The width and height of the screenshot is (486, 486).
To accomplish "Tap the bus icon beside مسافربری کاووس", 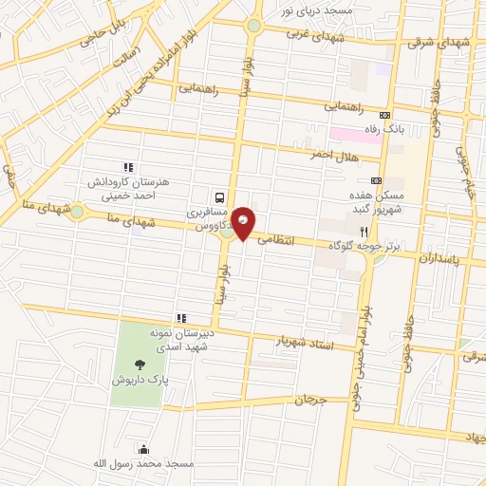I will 220,197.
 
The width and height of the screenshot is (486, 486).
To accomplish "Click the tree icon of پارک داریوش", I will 141,363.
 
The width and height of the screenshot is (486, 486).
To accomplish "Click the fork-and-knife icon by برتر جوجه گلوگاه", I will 364,231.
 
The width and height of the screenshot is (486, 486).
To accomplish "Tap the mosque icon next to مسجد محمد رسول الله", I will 142,449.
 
